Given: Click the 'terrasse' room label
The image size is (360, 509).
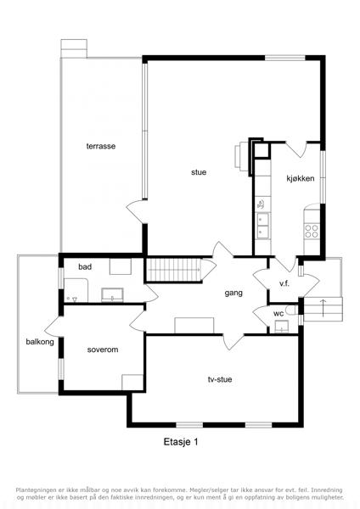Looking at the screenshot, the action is tap(101, 146).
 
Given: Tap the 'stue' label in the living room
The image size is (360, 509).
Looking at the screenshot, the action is tap(199, 172).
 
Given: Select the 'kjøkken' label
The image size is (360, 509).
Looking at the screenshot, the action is tap(301, 178).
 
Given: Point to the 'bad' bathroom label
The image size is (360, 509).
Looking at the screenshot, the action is tap(85, 267).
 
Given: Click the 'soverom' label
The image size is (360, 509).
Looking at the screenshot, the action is tap(103, 350).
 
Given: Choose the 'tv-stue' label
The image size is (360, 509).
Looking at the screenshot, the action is tap(220, 379).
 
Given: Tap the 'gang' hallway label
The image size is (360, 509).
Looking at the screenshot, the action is tap(233, 294).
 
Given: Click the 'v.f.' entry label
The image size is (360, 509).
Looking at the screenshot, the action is tap(284, 283).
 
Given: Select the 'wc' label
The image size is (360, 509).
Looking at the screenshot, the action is tap(278, 314).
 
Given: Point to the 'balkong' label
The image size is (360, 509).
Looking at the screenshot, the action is tap(40, 342).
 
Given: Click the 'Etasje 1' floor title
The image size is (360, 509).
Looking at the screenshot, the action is tap(181, 442).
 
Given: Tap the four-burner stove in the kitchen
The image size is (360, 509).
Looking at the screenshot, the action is tap(312, 231).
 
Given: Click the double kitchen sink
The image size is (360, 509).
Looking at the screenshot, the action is tap(262, 226).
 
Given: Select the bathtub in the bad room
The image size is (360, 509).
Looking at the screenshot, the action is tap(76, 290).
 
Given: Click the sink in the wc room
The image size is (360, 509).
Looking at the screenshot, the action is tap(281, 327).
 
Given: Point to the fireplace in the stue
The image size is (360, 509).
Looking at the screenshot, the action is tap(242, 156).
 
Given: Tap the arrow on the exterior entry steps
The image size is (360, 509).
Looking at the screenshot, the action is tap(323, 309).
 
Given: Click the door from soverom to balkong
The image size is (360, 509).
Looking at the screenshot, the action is tap(53, 327).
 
